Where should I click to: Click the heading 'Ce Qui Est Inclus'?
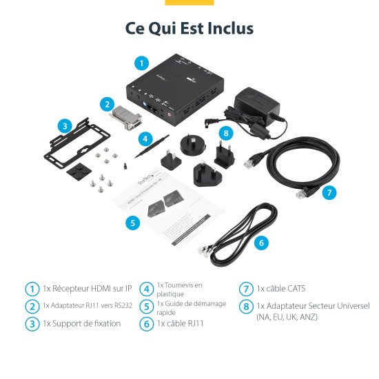[189, 28]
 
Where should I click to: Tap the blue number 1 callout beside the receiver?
[141, 63]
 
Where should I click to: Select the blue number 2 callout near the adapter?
[106, 104]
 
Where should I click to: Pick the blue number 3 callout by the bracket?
[65, 126]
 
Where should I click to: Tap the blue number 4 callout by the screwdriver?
[145, 138]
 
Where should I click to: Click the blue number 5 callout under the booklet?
[134, 223]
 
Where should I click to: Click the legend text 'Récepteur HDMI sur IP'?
[87, 289]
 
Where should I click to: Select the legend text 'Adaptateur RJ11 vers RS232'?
[87, 305]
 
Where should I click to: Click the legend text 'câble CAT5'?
[280, 289]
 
